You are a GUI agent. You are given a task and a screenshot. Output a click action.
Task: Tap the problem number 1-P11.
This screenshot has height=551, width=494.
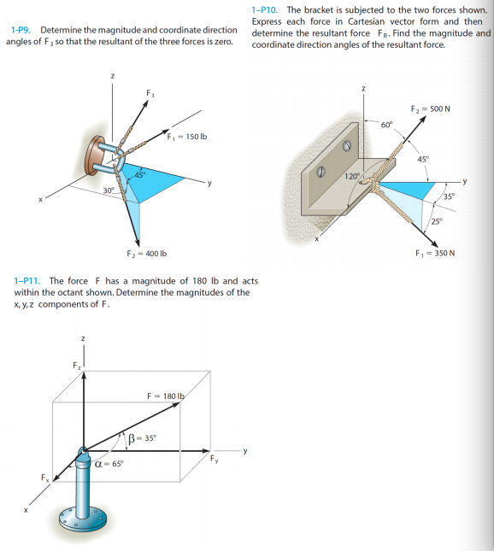coord(28,281)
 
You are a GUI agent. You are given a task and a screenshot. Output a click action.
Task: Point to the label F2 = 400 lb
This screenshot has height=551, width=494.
coord(146,254)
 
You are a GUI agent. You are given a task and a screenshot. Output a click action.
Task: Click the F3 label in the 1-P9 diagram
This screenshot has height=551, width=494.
coord(150,93)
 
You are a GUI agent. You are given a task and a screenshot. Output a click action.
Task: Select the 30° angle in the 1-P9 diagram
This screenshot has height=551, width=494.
coord(109,190)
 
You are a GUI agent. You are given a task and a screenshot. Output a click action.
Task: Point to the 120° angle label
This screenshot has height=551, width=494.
coord(352,176)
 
